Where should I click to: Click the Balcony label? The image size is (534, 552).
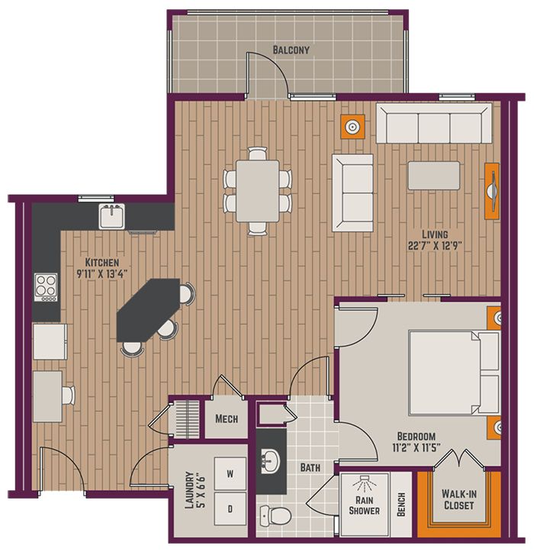coord(291,50)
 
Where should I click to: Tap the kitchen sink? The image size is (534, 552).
coord(112,216)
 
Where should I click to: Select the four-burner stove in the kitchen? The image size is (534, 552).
coord(46,287)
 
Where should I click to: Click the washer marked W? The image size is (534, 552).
coord(230,473)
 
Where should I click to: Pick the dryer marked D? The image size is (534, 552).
coord(230,508)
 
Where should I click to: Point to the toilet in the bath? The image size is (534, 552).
coord(275,515)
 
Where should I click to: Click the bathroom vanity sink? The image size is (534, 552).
coord(270,461)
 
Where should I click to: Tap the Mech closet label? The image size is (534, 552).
coord(227,419)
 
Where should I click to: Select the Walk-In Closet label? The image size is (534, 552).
coord(459,499)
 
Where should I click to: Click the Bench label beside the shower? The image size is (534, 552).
coord(401,505)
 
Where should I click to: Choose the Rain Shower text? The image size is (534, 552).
coord(364,505)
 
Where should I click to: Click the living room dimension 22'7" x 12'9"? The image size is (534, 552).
coord(435,245)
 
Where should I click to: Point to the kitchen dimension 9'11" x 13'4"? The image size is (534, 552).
coord(102,273)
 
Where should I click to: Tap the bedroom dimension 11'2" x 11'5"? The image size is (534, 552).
coord(417,448)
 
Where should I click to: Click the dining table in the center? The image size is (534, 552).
coord(258,191)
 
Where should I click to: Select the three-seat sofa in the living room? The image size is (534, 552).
coord(434,123)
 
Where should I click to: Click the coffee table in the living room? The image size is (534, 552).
coord(434,176)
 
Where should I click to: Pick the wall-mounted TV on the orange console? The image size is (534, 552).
coord(493,191)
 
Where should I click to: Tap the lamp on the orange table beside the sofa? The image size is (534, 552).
coord(352,127)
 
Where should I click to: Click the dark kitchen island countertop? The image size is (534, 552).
coord(149,309)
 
